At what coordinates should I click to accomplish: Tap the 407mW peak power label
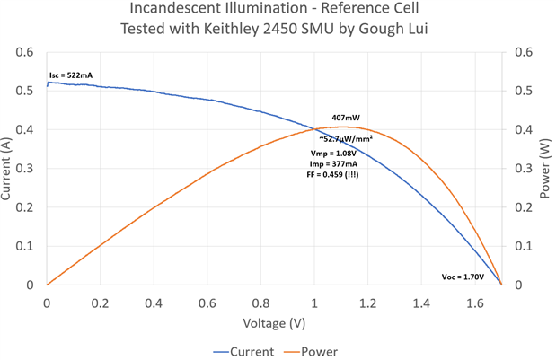pos(346,118)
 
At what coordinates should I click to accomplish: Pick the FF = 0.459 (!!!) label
pos(338,175)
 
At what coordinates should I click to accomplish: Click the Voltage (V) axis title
pos(273,322)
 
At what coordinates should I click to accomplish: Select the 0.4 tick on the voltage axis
pos(153,303)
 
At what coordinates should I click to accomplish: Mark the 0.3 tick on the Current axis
pos(28,168)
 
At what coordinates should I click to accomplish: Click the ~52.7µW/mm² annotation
pos(346,139)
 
